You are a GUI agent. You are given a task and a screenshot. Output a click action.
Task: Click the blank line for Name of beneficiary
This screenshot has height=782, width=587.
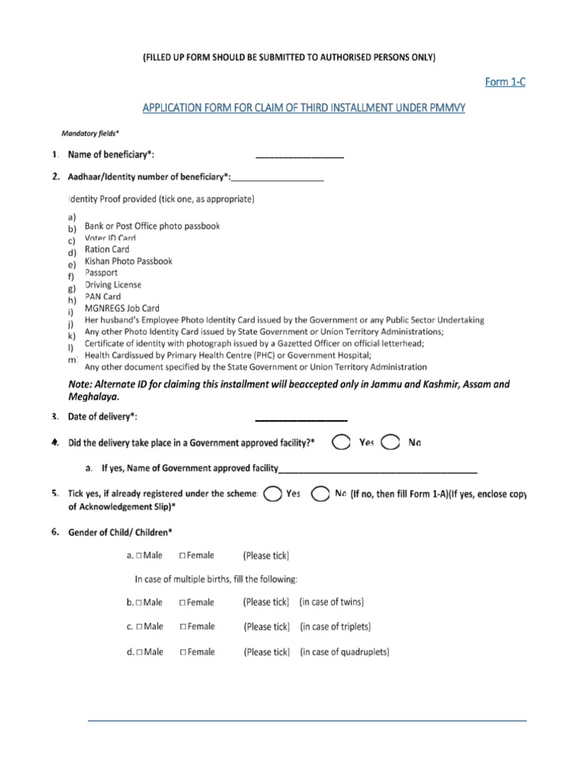(300, 156)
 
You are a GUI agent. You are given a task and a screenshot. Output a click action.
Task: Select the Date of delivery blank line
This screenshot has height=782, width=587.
(300, 418)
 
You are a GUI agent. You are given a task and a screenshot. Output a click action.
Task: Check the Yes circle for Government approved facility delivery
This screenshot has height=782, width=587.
(341, 443)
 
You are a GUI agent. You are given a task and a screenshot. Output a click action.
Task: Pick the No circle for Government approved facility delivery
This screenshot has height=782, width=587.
(390, 443)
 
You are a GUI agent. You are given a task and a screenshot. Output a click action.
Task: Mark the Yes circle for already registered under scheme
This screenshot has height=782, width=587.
(271, 495)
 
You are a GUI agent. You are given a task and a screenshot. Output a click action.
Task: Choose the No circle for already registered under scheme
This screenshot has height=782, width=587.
(321, 495)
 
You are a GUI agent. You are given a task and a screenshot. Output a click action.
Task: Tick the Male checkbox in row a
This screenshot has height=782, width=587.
(140, 556)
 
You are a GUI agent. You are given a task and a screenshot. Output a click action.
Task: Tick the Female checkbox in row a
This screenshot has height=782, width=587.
(183, 556)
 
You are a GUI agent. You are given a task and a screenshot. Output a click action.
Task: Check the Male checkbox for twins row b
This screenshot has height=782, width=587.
(140, 603)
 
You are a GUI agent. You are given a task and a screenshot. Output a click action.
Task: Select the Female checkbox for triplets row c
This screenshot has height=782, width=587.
(183, 627)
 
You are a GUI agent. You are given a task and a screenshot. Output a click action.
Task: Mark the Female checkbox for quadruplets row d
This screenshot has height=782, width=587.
(183, 652)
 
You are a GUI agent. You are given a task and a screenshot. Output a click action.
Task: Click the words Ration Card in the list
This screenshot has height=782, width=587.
(107, 249)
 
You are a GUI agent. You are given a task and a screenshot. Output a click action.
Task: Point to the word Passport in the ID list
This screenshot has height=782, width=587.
(102, 273)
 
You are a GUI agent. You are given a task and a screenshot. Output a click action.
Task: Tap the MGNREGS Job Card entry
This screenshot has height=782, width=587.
(122, 309)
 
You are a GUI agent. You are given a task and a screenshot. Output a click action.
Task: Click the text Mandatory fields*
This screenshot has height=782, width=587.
(89, 132)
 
